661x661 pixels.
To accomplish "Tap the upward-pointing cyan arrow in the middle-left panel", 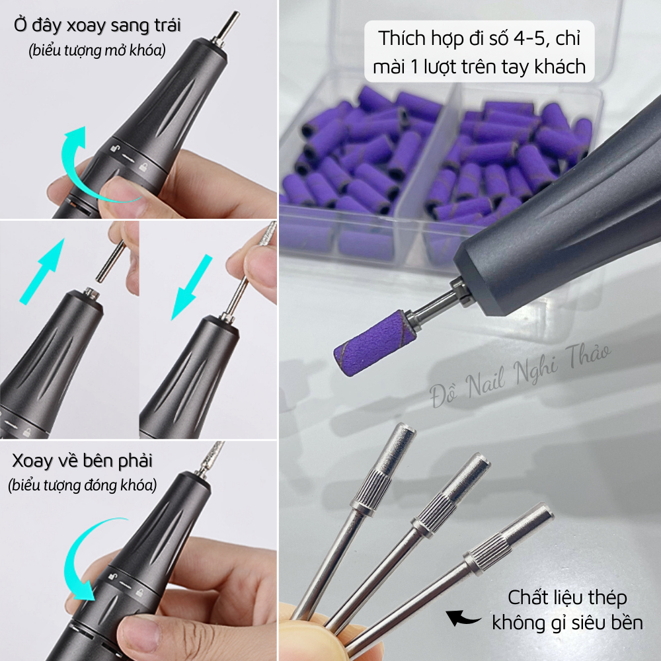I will coord(45,271).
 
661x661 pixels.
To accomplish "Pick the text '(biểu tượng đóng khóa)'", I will coord(83,485).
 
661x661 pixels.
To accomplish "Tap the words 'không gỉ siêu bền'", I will coord(566,622).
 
